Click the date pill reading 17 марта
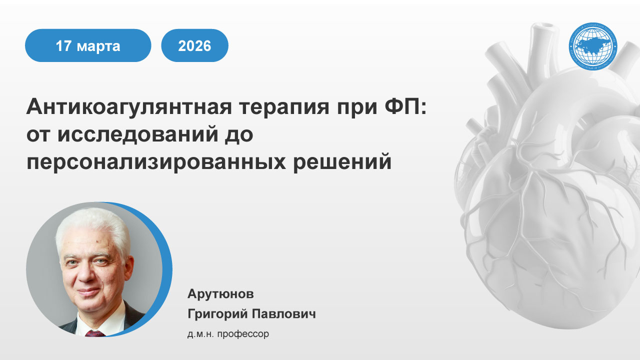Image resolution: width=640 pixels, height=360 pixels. [88, 46]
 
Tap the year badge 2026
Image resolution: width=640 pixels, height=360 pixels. [194, 46]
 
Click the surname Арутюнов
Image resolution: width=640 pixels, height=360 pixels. [217, 293]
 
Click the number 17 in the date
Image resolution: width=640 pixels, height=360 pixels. [64, 46]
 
